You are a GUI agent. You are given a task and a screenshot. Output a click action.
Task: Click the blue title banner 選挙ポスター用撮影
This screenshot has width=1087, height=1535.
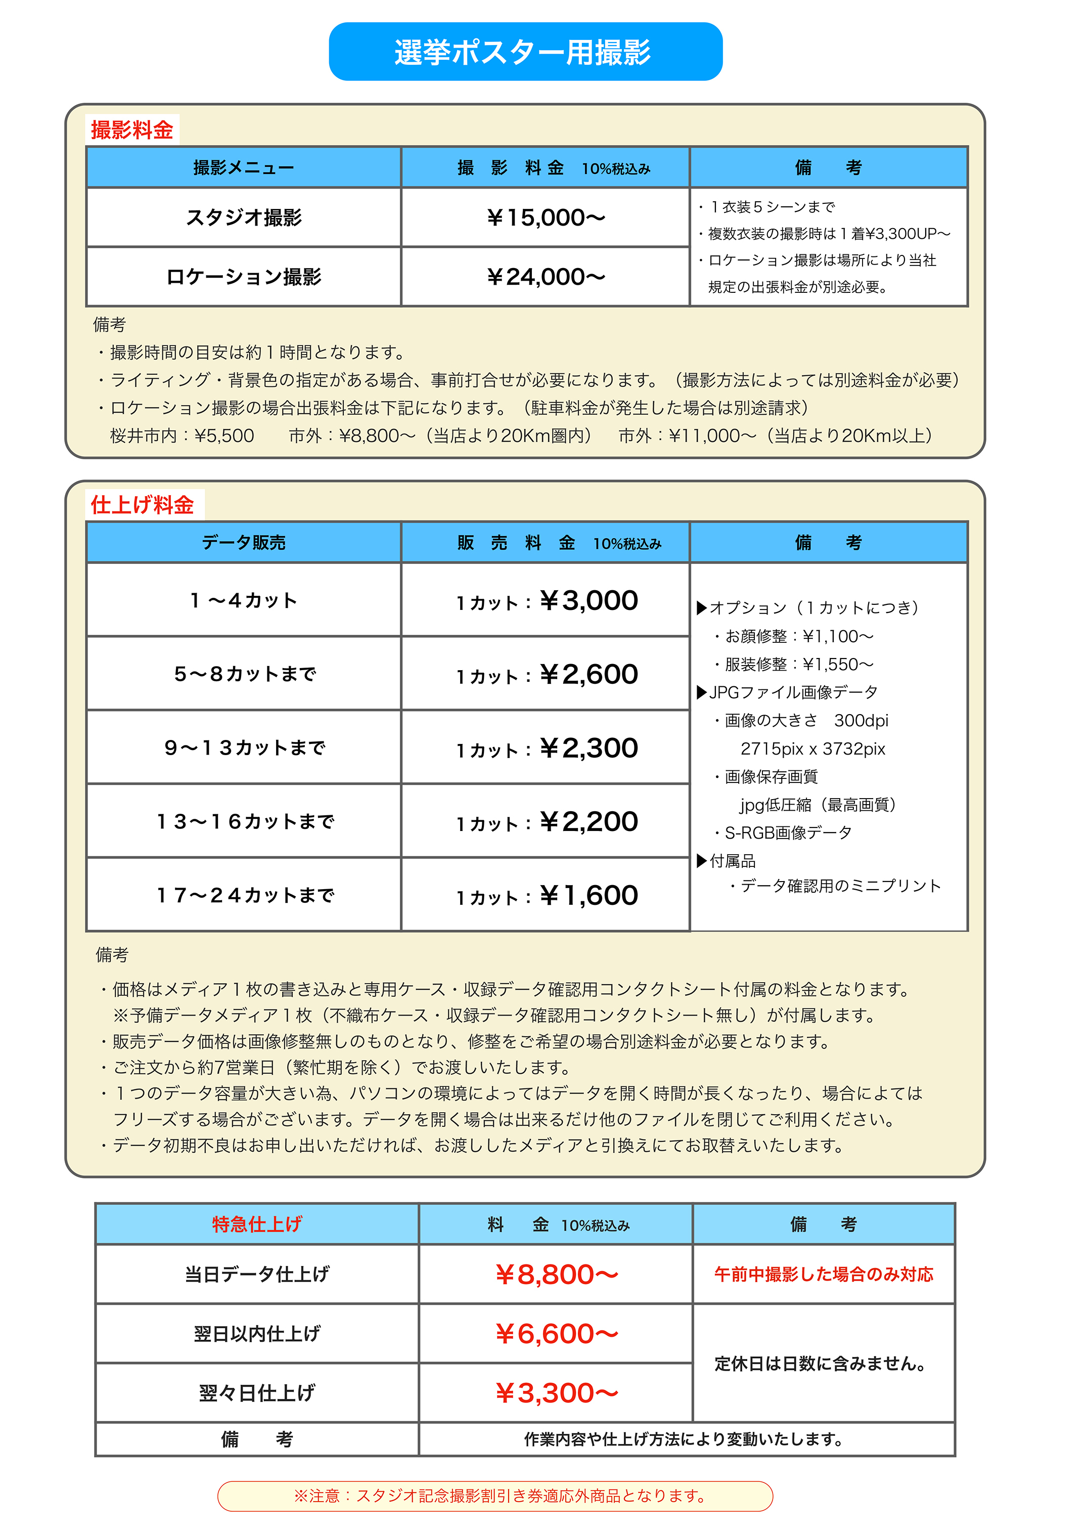(x=525, y=52)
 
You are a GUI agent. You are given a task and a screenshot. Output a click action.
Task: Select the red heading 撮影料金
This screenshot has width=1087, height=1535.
(x=132, y=129)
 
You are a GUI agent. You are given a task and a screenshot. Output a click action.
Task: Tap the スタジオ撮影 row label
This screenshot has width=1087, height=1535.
(x=244, y=217)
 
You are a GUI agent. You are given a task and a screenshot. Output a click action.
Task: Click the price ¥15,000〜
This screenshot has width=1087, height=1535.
(x=546, y=217)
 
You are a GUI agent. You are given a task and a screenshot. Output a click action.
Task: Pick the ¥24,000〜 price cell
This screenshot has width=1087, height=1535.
(x=546, y=277)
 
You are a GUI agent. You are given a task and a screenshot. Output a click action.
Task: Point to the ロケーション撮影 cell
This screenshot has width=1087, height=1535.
(x=244, y=277)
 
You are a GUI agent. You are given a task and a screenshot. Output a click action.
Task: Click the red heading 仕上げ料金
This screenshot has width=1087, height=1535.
(x=142, y=504)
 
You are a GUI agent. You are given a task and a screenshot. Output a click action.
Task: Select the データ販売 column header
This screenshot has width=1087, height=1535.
(x=244, y=542)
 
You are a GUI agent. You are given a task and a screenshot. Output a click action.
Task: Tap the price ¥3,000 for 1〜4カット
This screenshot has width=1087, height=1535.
(x=588, y=600)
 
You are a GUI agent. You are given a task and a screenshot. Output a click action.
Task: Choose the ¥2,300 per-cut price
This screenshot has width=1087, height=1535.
(x=588, y=748)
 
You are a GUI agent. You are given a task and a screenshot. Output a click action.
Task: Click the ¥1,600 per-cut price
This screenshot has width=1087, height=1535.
(x=588, y=895)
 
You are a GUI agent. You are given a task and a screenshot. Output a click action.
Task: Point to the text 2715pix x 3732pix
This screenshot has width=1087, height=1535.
(x=812, y=749)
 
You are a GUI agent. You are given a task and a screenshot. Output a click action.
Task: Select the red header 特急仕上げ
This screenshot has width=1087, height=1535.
(x=257, y=1224)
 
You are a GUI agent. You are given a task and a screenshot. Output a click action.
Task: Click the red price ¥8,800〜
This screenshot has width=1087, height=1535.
(x=556, y=1275)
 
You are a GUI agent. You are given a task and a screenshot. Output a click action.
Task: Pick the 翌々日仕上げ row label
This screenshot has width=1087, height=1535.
(x=257, y=1393)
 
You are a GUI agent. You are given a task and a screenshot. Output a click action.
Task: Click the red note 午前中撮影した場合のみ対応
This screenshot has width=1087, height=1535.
(x=823, y=1274)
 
